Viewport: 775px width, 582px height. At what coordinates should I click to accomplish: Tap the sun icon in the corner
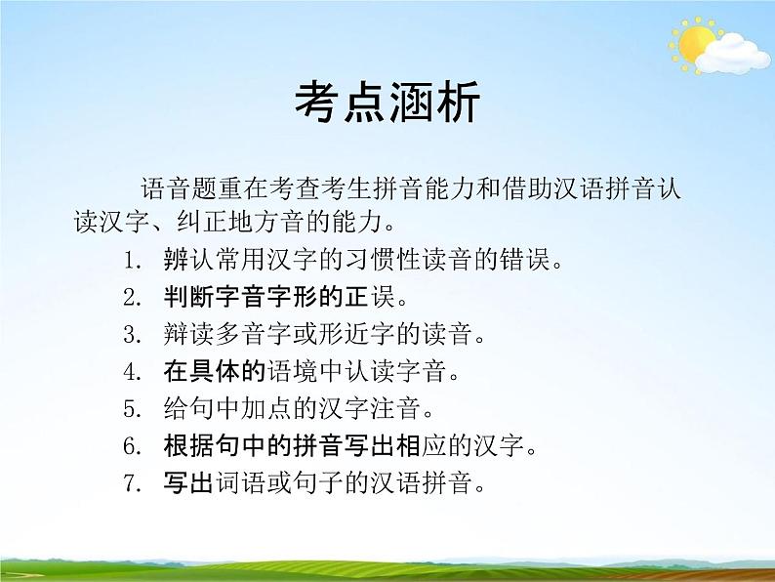(694, 43)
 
